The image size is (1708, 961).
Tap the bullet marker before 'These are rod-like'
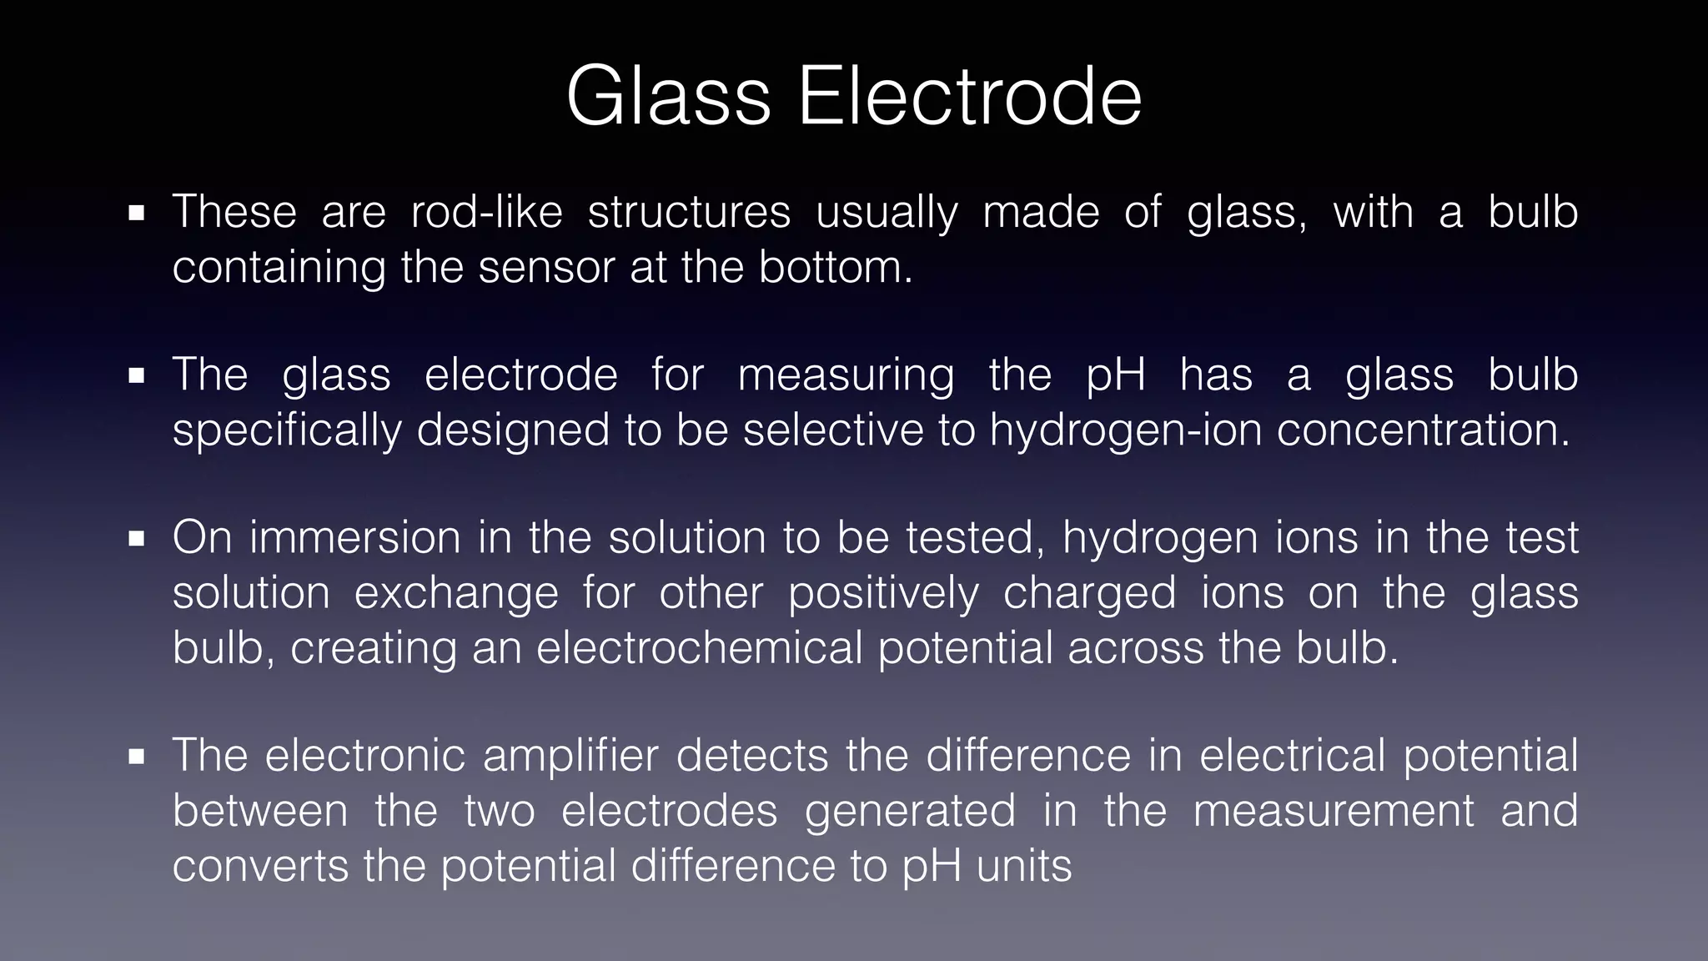click(x=137, y=214)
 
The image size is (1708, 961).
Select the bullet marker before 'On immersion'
click(x=137, y=539)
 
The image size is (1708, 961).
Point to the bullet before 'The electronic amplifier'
click(x=137, y=757)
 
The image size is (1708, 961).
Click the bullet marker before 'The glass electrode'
click(x=137, y=376)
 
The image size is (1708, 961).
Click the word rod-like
click(x=487, y=212)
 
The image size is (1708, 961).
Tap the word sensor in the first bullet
click(x=546, y=267)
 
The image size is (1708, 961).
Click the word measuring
click(x=846, y=375)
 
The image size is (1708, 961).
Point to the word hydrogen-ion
click(x=1125, y=430)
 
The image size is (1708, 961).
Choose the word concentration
click(x=1423, y=430)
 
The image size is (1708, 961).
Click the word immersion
click(x=354, y=537)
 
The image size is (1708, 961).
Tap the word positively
click(x=883, y=593)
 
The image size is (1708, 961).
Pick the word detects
click(x=752, y=756)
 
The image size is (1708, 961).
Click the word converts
click(x=259, y=866)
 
